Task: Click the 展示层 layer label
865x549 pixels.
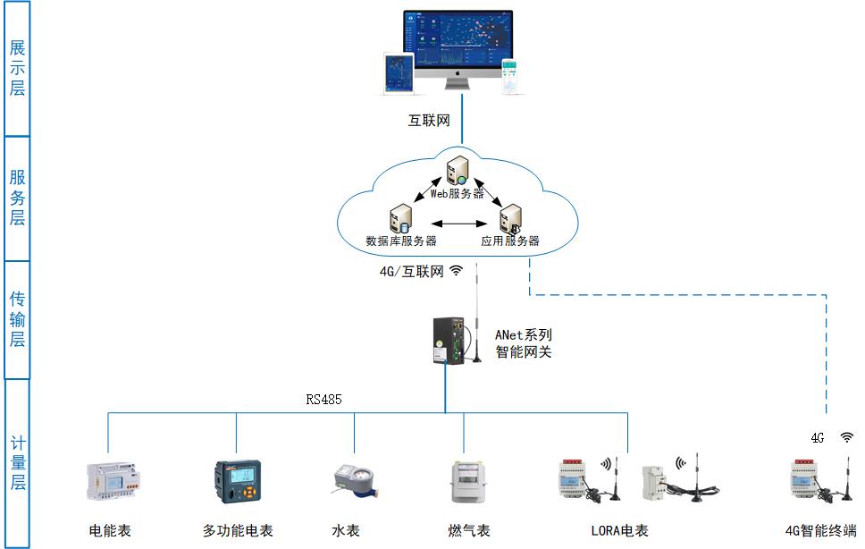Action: pos(17,68)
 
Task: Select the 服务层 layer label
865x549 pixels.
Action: pos(17,198)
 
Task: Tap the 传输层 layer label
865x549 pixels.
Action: pos(17,320)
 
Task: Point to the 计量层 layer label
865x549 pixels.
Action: pos(17,463)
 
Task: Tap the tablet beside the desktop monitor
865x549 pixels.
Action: pos(399,73)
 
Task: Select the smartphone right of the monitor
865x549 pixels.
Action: pos(510,77)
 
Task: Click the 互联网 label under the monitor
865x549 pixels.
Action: pos(429,120)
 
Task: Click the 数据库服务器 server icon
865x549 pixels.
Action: pos(400,219)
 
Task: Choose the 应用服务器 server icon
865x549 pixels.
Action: pos(510,219)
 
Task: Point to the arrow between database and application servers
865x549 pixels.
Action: pos(456,224)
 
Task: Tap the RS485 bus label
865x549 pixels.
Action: pos(323,400)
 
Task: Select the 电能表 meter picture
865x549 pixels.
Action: pos(112,481)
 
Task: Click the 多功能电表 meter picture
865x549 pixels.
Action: pos(236,484)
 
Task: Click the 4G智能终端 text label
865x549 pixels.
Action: pos(820,530)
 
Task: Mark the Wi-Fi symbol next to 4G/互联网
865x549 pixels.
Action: pos(457,271)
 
